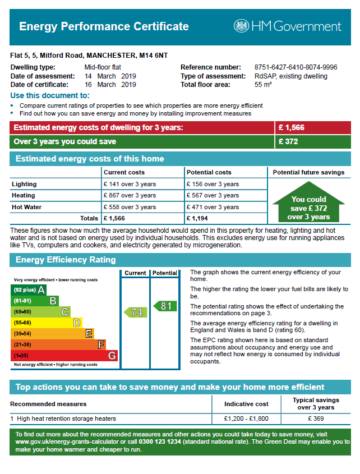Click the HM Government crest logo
coord(241,26)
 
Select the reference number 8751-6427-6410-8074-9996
coord(296,67)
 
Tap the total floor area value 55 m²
coord(263,85)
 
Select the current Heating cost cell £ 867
coord(130,196)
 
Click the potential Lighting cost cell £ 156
coord(213,184)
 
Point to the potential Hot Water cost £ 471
coord(213,207)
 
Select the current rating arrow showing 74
coord(136,312)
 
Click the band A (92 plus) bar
coord(29,290)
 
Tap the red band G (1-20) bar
coord(64,356)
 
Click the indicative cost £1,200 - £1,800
coord(246,418)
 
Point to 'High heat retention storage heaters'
coord(66,418)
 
